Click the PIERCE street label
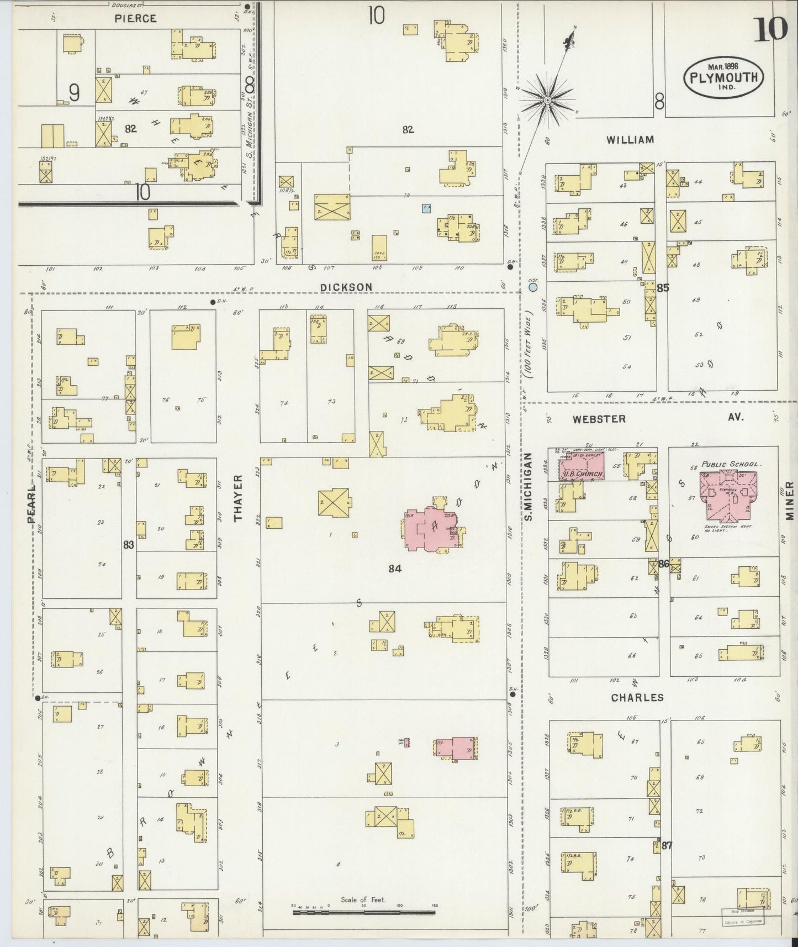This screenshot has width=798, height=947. pyautogui.click(x=135, y=18)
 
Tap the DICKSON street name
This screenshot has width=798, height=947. pyautogui.click(x=346, y=287)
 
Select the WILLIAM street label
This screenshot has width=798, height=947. pyautogui.click(x=630, y=140)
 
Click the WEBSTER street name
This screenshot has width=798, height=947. pyautogui.click(x=599, y=419)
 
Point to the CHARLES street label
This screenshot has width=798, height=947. pyautogui.click(x=637, y=698)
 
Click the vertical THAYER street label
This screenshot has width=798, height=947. pyautogui.click(x=239, y=498)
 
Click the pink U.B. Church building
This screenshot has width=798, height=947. pyautogui.click(x=582, y=467)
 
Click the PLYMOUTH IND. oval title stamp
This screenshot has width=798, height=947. pyautogui.click(x=723, y=77)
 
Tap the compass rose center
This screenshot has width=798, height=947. pyautogui.click(x=547, y=100)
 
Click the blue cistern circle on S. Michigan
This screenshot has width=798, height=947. pyautogui.click(x=533, y=287)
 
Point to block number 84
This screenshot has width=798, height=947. pyautogui.click(x=394, y=569)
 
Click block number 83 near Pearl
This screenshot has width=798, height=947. pyautogui.click(x=129, y=545)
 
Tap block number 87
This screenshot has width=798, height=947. pyautogui.click(x=667, y=845)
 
